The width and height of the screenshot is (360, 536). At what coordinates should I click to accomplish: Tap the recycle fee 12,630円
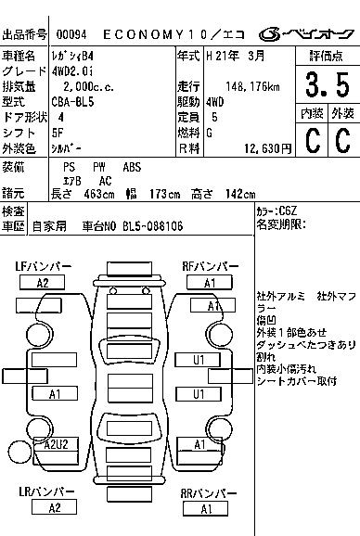coord(264,147)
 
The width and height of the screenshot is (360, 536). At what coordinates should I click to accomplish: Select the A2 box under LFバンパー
coord(43,282)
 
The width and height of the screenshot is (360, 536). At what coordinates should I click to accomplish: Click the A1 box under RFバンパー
coord(210,282)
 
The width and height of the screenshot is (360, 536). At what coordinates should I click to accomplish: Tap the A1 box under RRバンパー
coord(206,508)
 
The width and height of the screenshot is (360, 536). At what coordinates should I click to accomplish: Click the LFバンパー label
coord(44,266)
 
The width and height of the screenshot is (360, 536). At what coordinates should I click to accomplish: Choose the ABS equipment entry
coord(133,167)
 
